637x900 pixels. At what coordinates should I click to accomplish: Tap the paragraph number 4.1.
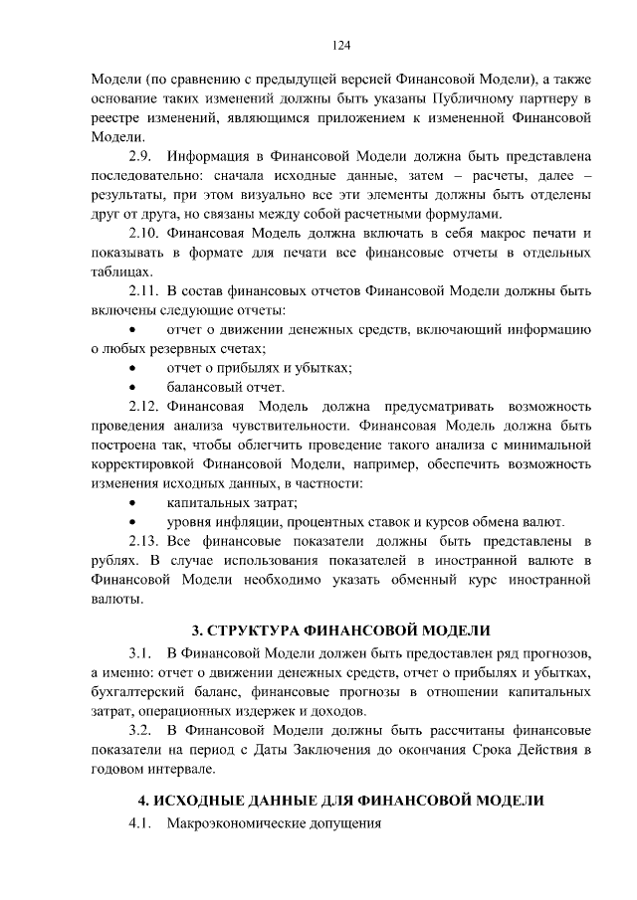(x=140, y=825)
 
